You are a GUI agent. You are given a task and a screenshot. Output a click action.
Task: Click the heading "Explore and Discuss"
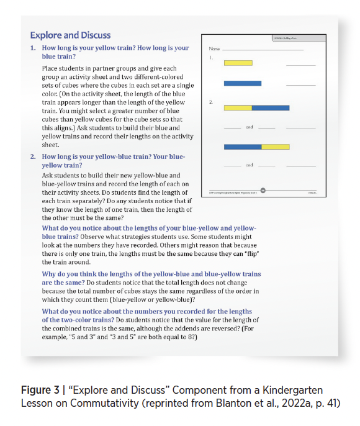point(70,35)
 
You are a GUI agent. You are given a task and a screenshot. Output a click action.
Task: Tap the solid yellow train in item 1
point(238,63)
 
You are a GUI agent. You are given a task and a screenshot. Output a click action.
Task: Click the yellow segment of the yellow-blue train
point(237,107)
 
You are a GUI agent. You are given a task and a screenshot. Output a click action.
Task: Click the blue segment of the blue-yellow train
point(243,147)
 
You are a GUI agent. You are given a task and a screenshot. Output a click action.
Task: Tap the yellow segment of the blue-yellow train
point(276,147)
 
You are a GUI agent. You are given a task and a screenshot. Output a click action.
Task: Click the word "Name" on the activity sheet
point(215,48)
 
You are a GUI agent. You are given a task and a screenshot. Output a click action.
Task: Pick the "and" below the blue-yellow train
point(250,166)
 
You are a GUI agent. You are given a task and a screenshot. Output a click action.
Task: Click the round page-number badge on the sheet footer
point(263,190)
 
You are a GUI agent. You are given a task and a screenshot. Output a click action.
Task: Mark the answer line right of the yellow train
point(300,65)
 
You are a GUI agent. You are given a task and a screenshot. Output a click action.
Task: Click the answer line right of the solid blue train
point(300,84)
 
